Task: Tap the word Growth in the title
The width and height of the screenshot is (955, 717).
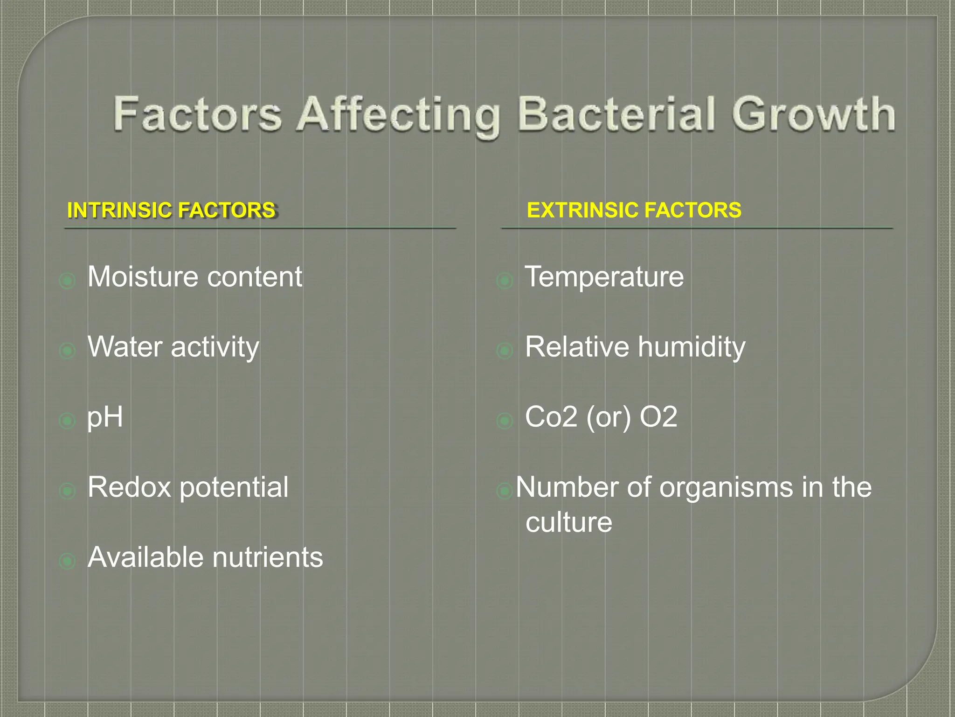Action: [x=813, y=114]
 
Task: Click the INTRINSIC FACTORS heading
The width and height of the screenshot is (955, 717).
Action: [x=172, y=211]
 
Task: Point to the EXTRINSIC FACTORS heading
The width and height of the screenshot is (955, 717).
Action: [x=634, y=210]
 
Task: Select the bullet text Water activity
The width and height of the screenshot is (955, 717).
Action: [x=173, y=347]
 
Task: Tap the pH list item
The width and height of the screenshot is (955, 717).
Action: [x=105, y=417]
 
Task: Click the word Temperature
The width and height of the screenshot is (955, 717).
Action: [x=604, y=277]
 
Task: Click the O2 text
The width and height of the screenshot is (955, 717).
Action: [x=658, y=417]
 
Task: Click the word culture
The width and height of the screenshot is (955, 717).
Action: [x=568, y=522]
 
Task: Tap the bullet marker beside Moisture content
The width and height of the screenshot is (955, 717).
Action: [x=68, y=281]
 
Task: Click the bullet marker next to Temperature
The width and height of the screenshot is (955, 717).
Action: [x=505, y=281]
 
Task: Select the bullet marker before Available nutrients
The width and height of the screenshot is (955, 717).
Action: [x=68, y=561]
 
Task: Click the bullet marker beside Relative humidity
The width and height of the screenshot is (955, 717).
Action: [x=505, y=351]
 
